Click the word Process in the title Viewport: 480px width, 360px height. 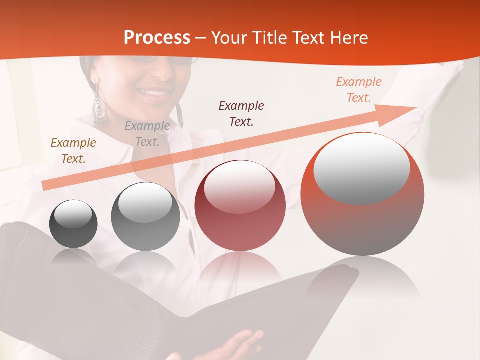157,38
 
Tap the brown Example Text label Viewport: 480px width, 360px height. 73,151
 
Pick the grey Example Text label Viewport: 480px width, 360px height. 147,134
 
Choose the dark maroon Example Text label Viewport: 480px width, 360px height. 241,113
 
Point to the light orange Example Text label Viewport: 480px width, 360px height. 359,90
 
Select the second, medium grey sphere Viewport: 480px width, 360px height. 145,216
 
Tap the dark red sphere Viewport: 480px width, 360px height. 240,205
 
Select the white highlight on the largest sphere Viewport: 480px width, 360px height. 361,168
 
